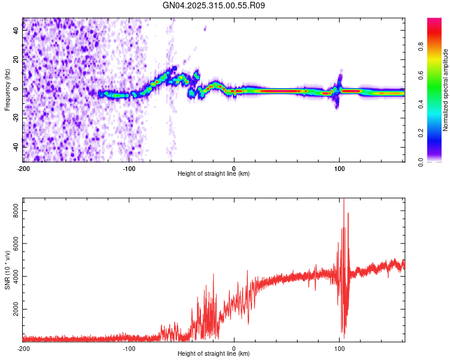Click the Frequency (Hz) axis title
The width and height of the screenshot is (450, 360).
[x=7, y=90]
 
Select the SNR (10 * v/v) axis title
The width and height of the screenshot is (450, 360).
[x=7, y=269]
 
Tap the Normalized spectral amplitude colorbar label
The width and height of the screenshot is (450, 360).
[x=446, y=91]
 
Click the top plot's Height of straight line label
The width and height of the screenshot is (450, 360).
[x=214, y=174]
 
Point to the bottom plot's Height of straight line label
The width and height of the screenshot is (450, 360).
[x=214, y=354]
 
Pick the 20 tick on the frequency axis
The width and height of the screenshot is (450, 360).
[x=16, y=60]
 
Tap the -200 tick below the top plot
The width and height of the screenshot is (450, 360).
[x=23, y=169]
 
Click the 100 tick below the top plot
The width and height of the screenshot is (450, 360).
[x=339, y=169]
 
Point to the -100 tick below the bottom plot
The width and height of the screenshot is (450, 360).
[x=128, y=349]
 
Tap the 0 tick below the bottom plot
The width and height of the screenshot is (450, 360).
[x=234, y=349]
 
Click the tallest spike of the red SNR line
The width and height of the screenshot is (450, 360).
[x=343, y=200]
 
